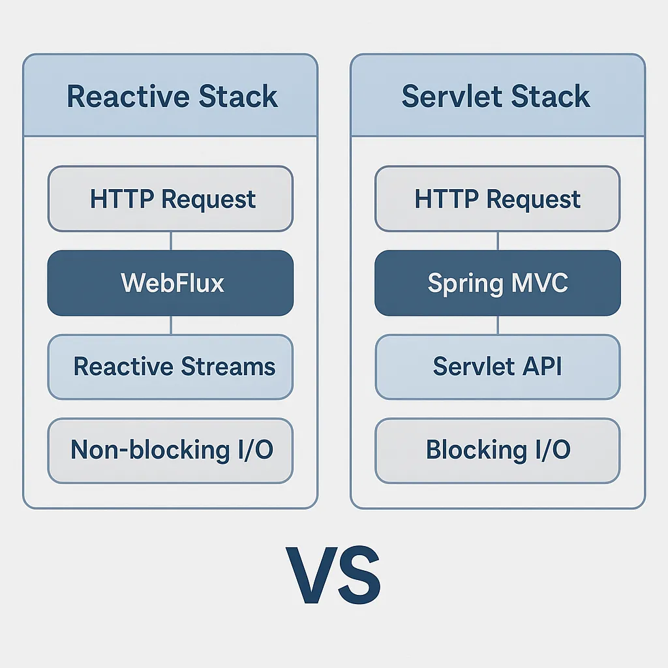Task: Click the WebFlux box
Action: click(x=170, y=283)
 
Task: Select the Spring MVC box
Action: click(x=498, y=283)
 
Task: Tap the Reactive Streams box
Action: click(x=170, y=367)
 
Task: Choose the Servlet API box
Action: click(x=498, y=367)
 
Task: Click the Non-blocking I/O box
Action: click(x=170, y=451)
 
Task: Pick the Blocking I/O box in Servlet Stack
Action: click(x=498, y=451)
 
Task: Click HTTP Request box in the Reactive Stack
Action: click(x=170, y=198)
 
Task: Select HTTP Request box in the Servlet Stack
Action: click(x=498, y=198)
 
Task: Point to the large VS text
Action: click(x=333, y=575)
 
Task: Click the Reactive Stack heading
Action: click(x=172, y=97)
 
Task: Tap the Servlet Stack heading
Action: click(x=496, y=97)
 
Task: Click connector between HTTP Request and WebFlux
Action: click(x=171, y=241)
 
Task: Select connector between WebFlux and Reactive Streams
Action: click(x=171, y=325)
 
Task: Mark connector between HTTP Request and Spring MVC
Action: click(x=498, y=241)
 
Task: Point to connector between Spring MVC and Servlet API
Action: click(x=498, y=325)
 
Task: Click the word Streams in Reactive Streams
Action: click(x=228, y=367)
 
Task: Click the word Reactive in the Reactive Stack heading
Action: click(x=128, y=97)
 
